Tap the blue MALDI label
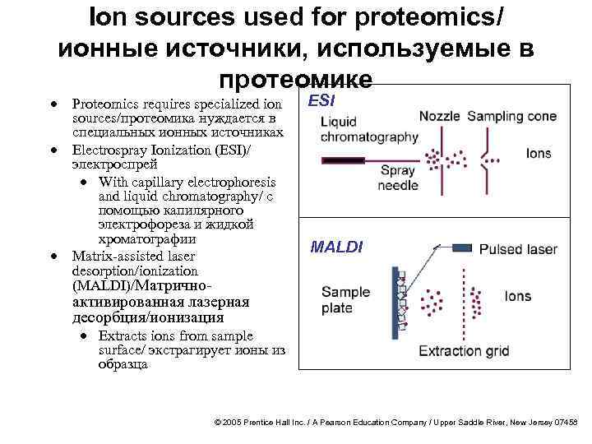pos(335,246)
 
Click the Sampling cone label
pos(511,117)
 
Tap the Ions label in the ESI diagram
pos(539,154)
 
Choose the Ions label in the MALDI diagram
pos(518,296)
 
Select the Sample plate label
pos(345,300)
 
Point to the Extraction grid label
pos(464,351)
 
